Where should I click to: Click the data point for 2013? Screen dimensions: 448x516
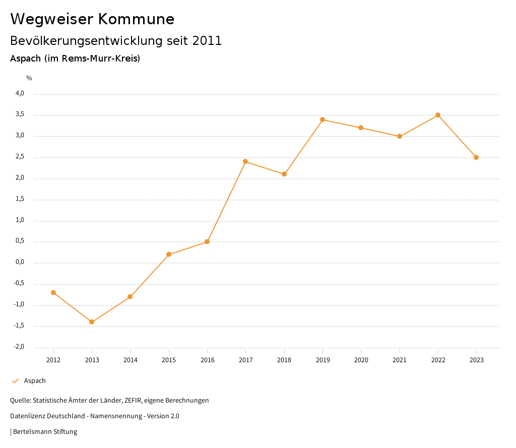click(92, 322)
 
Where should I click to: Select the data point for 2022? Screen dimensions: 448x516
click(438, 115)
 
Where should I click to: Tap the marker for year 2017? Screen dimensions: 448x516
click(245, 161)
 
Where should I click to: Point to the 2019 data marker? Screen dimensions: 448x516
click(322, 120)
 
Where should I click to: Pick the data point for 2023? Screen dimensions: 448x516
click(476, 157)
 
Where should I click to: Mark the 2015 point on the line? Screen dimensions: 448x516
click(169, 254)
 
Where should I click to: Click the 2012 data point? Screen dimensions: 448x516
click(53, 293)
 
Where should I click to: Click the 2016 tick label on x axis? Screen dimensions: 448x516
click(207, 360)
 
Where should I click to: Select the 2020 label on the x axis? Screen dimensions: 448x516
click(361, 360)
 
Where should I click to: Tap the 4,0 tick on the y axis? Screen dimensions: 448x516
click(20, 93)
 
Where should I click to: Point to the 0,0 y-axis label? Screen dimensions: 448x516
click(20, 262)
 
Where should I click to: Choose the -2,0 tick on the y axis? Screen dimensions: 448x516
click(19, 347)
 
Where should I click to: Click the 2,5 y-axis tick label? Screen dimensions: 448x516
click(20, 157)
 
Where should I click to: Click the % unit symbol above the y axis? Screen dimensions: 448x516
click(29, 78)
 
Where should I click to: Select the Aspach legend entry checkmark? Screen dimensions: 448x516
click(15, 381)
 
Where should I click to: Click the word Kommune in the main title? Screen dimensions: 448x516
click(136, 19)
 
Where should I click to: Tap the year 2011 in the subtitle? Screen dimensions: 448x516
click(207, 41)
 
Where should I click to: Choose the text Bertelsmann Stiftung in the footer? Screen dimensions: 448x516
click(45, 432)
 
